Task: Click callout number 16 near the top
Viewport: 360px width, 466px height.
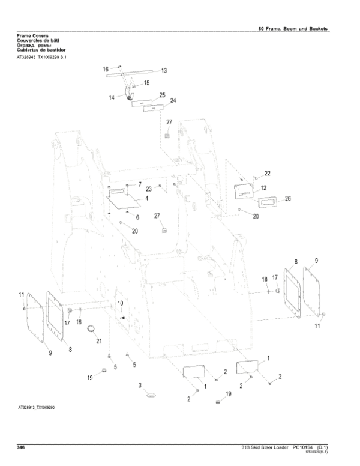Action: tap(106, 70)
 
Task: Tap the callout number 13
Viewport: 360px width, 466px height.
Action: tap(163, 71)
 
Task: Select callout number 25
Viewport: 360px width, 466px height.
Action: tap(162, 95)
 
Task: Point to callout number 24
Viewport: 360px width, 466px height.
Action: tap(173, 100)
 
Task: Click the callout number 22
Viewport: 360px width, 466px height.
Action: tap(267, 174)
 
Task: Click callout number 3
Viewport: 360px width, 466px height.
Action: tap(140, 385)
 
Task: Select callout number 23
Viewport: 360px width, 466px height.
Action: tap(148, 189)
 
